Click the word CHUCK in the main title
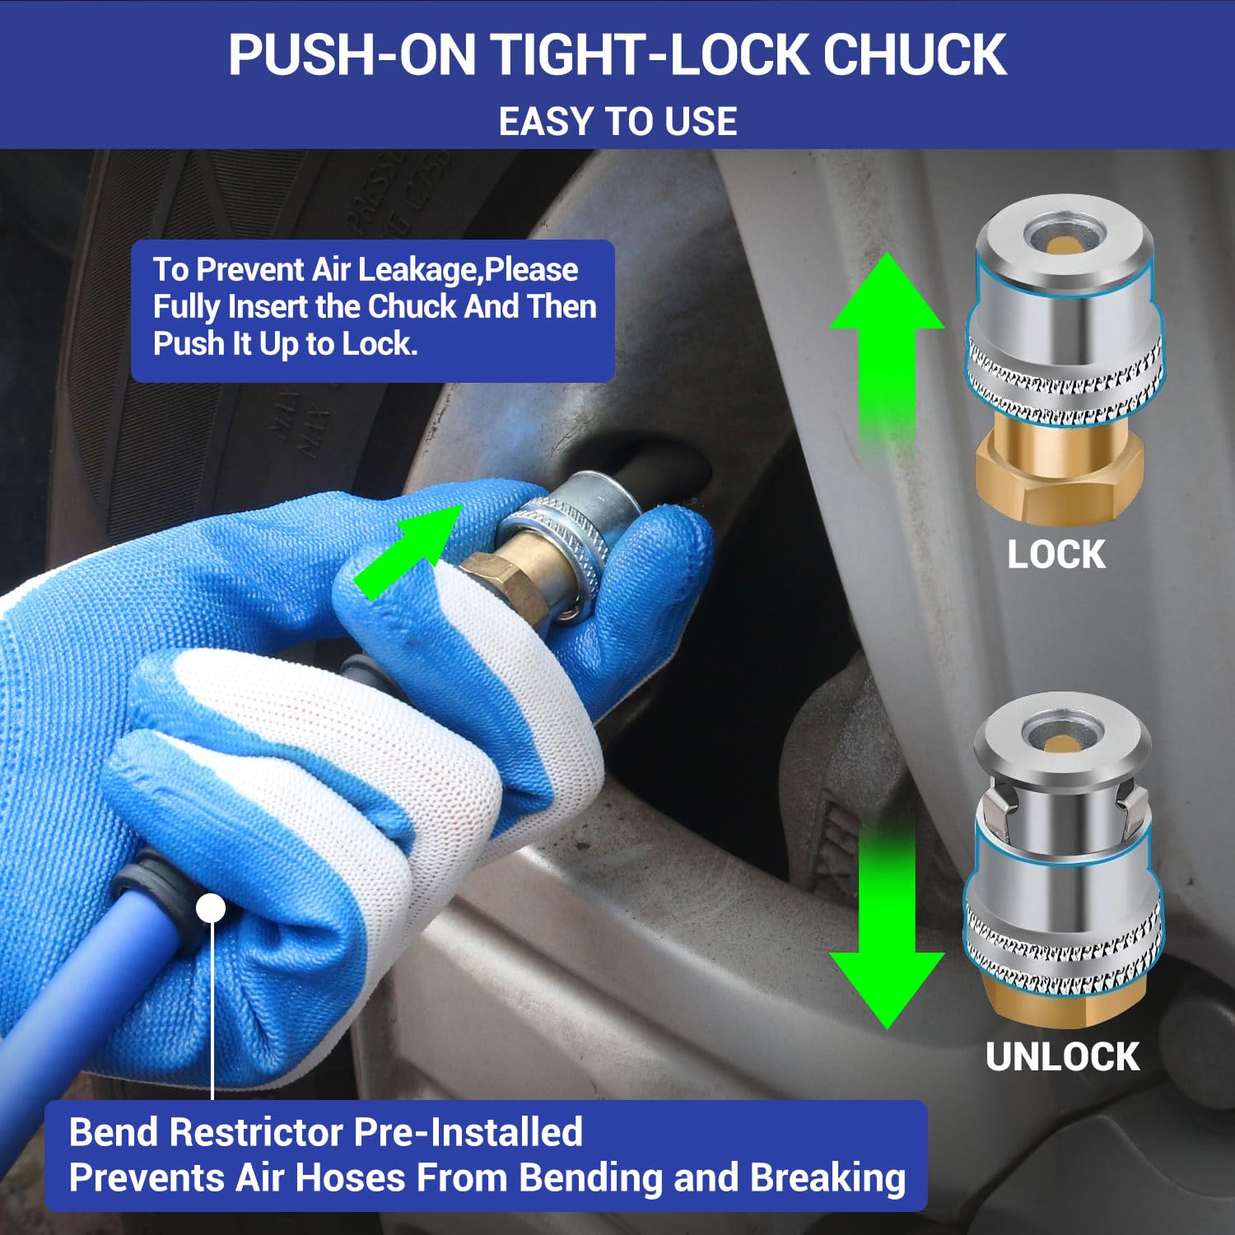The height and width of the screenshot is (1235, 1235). pos(915,54)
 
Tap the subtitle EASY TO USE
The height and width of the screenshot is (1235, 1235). pos(617,122)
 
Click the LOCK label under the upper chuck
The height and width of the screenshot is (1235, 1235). pos(1056,554)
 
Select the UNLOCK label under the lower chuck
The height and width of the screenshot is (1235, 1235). pos(1062,1056)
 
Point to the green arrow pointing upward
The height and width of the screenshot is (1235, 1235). pos(887,354)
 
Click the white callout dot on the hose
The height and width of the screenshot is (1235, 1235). pos(212,909)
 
